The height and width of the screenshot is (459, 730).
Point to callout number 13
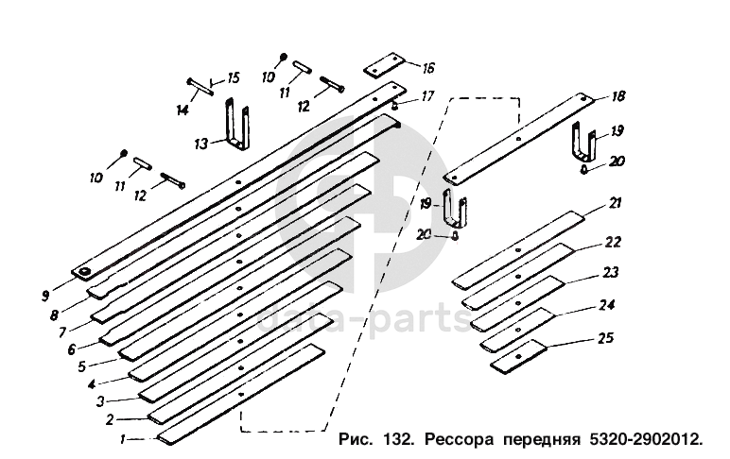point(200,144)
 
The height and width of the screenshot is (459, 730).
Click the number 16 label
point(428,68)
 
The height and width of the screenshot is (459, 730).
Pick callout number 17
point(427,95)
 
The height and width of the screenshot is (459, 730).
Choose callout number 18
point(617,96)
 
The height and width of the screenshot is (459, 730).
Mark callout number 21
point(615,202)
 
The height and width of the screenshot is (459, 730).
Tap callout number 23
point(611,271)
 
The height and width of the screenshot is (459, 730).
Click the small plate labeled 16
point(383,67)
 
